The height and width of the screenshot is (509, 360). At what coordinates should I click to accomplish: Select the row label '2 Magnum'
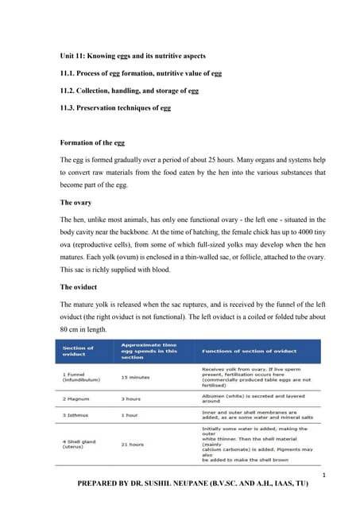click(77, 398)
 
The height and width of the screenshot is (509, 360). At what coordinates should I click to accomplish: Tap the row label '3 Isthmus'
click(78, 415)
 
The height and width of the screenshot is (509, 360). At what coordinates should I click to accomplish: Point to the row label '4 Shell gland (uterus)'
click(83, 444)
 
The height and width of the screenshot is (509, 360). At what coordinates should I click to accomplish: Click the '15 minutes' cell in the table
click(136, 377)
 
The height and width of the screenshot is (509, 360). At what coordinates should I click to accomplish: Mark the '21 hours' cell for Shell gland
click(133, 444)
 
